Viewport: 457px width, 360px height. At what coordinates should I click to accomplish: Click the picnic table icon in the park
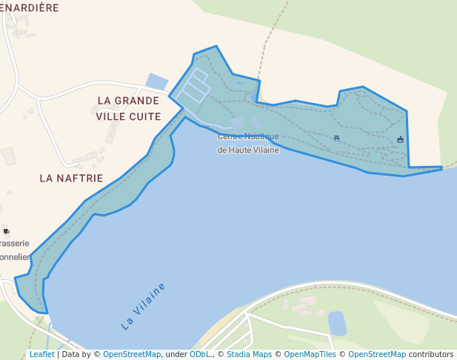337,138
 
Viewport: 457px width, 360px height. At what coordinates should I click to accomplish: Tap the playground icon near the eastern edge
401,139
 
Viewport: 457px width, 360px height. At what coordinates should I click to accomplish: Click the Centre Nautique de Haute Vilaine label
247,143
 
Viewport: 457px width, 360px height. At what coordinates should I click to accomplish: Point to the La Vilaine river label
144,306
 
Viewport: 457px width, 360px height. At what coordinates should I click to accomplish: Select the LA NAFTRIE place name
71,178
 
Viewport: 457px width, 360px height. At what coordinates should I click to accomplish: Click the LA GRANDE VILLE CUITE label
128,108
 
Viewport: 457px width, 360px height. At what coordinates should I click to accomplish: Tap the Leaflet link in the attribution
41,355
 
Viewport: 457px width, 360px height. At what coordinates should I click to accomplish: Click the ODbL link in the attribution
199,355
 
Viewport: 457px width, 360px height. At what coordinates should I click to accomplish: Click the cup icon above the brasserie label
7,231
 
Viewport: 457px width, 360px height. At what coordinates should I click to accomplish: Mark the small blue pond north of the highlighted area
157,81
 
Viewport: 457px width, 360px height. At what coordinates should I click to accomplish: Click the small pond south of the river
337,323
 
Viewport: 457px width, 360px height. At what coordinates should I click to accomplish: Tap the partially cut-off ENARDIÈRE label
30,7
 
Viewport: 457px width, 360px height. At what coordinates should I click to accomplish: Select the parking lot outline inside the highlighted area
193,87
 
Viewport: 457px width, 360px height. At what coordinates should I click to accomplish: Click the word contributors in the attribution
430,355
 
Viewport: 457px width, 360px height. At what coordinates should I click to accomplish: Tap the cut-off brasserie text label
14,243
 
